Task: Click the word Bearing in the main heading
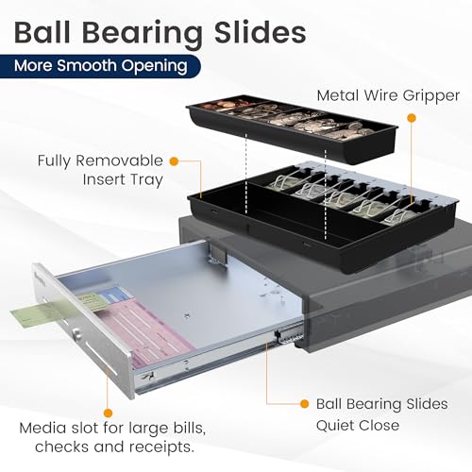[143, 34]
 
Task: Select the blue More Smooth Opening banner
[100, 66]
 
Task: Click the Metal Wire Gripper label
[388, 95]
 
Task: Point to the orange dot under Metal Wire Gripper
[412, 118]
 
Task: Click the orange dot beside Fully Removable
[174, 161]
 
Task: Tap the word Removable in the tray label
[119, 160]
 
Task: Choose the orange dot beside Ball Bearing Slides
[304, 404]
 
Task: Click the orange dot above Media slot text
[108, 413]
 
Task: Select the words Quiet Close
[358, 426]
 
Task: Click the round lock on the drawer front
[76, 333]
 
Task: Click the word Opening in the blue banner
[155, 67]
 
